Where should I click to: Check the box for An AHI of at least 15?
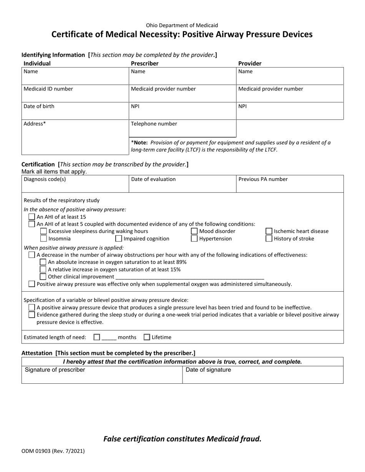click(x=32, y=217)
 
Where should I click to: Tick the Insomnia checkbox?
click(x=43, y=239)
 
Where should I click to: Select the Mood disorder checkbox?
click(x=194, y=231)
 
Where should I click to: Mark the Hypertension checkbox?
click(x=194, y=239)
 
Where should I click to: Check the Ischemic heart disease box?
click(x=269, y=231)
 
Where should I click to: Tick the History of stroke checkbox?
click(x=269, y=239)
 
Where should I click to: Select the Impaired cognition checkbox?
click(x=119, y=239)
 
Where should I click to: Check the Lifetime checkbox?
click(x=147, y=337)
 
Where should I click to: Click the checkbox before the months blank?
click(x=97, y=337)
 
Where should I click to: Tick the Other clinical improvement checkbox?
click(x=43, y=277)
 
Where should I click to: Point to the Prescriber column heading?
click(x=145, y=63)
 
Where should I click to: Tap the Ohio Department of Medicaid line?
click(x=182, y=25)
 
